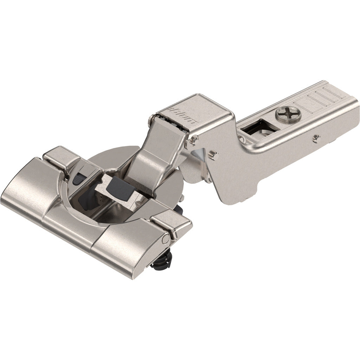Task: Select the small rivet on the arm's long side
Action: click(x=317, y=138)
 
